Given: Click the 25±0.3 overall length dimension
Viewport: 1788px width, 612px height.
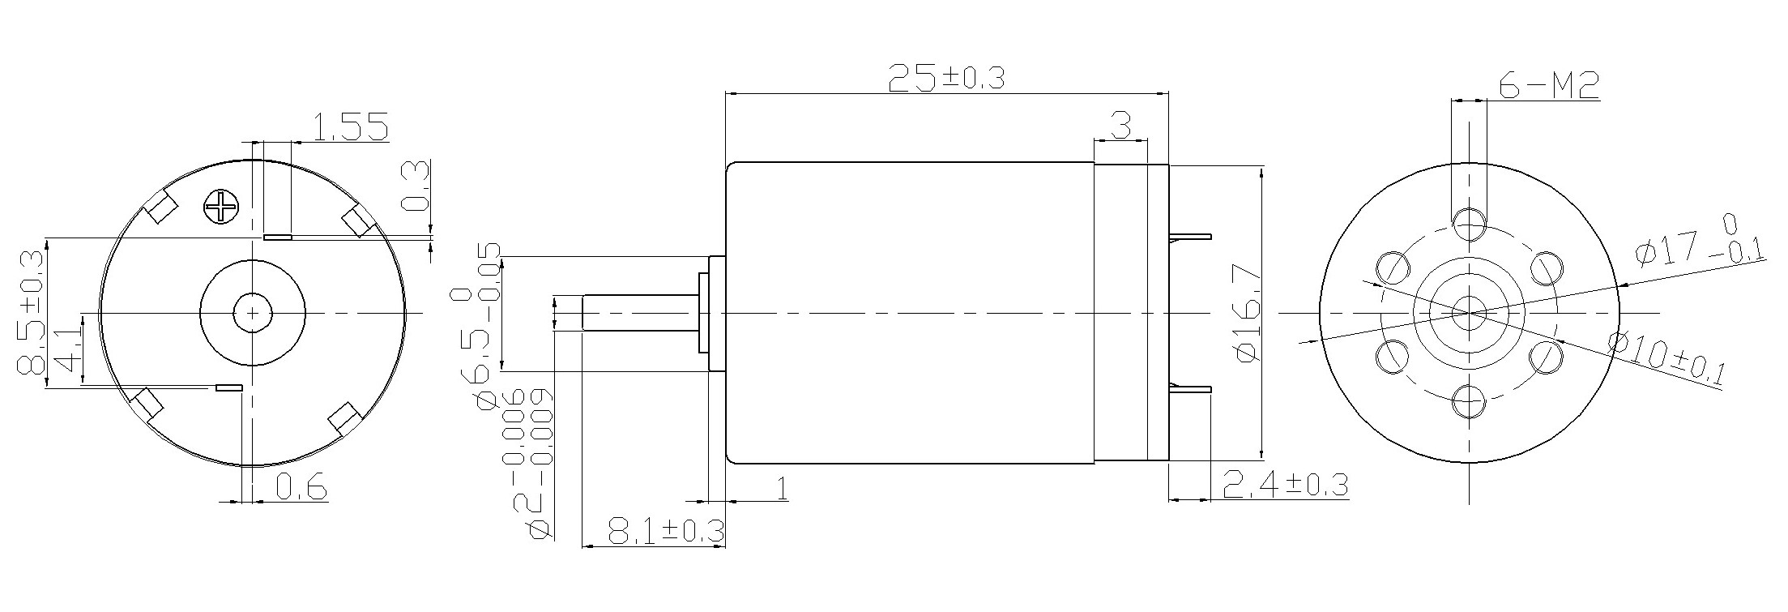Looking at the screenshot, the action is (x=946, y=78).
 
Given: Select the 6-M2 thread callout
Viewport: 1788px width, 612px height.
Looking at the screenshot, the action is (x=1548, y=84).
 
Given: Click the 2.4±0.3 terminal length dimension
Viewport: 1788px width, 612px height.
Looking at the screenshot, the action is (x=1284, y=485).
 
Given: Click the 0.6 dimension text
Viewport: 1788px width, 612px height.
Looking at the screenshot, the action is (x=301, y=487).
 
